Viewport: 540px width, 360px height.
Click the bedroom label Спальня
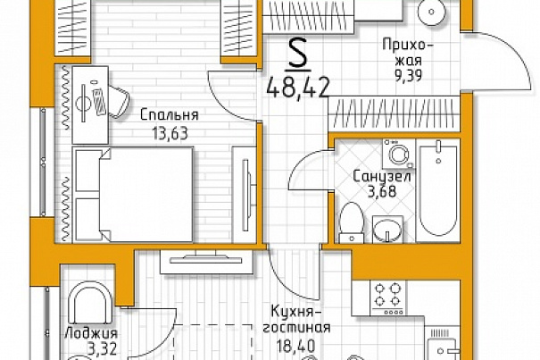[x=170, y=115]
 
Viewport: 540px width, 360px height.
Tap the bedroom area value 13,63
[x=170, y=133]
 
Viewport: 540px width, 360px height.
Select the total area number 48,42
[x=297, y=88]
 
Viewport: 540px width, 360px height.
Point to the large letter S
[x=297, y=53]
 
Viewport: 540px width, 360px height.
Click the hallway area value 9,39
[x=408, y=75]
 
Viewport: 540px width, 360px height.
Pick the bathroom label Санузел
[x=382, y=177]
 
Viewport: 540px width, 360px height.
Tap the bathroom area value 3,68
[x=382, y=192]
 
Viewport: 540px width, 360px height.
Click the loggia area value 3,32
[x=102, y=349]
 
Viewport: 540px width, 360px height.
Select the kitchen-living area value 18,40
[x=296, y=344]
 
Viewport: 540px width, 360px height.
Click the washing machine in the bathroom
[x=398, y=154]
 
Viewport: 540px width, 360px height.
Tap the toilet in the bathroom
[x=351, y=222]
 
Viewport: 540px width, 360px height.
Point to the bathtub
[x=437, y=190]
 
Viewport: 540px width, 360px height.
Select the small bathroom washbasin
[x=387, y=229]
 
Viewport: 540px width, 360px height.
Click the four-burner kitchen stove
[x=387, y=298]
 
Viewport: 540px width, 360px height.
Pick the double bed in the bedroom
[x=133, y=195]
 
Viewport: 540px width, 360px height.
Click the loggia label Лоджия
[x=91, y=333]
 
